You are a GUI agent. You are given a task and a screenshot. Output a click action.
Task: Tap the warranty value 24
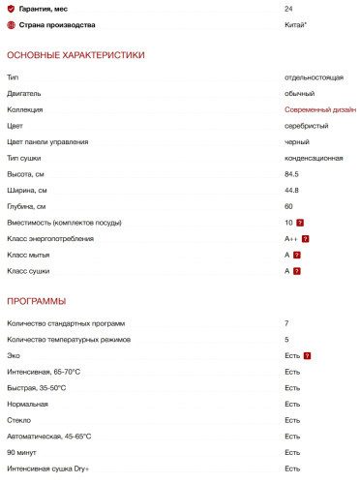point(289,9)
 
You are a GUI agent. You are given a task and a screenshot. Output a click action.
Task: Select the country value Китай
point(295,25)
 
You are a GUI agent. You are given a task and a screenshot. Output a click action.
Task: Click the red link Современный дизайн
point(320,109)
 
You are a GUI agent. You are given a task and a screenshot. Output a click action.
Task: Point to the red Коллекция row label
point(25,109)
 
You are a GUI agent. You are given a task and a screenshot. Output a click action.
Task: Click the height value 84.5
point(291,174)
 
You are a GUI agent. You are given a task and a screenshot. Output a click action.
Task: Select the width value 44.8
point(291,191)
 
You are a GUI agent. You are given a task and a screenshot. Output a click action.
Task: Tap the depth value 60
point(288,206)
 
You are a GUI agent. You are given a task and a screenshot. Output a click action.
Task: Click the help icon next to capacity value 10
point(302,223)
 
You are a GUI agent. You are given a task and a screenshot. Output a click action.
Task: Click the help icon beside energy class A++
point(305,239)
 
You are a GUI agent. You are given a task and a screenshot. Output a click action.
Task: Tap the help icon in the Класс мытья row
point(297,256)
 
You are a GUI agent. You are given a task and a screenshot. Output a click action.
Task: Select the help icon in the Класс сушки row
point(297,271)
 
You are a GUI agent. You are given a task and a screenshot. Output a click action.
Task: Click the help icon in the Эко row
point(307,355)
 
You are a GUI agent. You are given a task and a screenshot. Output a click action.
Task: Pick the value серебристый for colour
point(306,126)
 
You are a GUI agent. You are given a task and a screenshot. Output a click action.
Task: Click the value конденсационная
point(315,158)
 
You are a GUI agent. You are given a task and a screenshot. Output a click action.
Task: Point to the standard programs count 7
point(286,323)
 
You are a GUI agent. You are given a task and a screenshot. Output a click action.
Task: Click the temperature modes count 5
point(286,340)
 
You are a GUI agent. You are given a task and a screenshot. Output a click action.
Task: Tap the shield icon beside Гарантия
point(11,9)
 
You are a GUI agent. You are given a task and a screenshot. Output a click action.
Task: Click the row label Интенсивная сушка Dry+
point(47,469)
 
